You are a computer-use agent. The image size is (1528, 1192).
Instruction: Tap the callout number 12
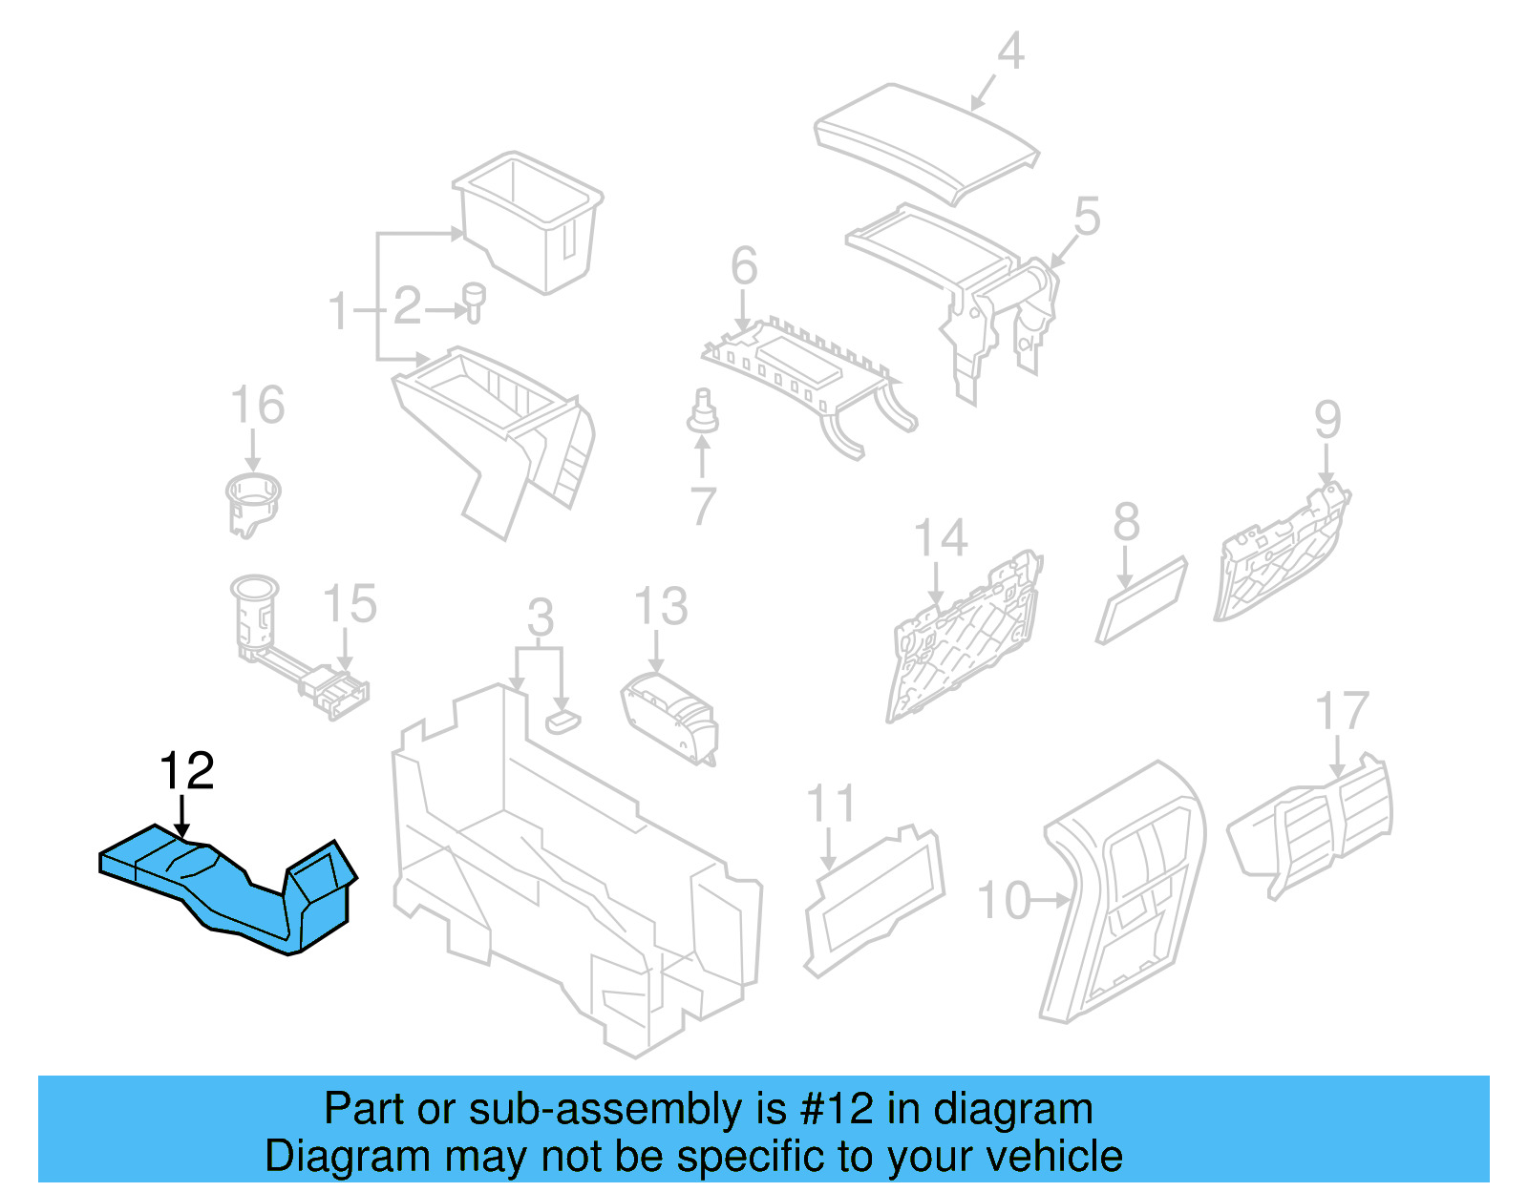tap(186, 771)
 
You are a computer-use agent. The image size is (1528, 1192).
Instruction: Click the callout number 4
tap(1010, 52)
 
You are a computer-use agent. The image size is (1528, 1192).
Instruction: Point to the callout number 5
tap(1087, 218)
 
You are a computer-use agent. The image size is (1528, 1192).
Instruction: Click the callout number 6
tap(744, 266)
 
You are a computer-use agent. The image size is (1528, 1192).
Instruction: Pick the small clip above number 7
tap(703, 412)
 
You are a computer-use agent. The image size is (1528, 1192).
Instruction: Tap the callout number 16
tap(258, 406)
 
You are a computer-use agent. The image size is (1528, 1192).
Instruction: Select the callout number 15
tap(350, 604)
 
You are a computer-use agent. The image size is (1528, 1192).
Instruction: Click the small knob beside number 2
tap(474, 301)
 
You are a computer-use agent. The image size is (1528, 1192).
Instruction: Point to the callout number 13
tap(661, 607)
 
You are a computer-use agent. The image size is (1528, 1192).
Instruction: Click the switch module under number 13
tap(669, 716)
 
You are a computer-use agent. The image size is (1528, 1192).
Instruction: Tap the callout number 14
tap(941, 539)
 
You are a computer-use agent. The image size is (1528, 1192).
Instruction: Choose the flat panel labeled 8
tap(1141, 600)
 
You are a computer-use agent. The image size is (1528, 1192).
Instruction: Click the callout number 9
tap(1327, 420)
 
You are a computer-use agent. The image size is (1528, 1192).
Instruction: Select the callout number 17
tap(1342, 712)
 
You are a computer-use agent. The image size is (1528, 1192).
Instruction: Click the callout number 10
tap(1005, 901)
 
